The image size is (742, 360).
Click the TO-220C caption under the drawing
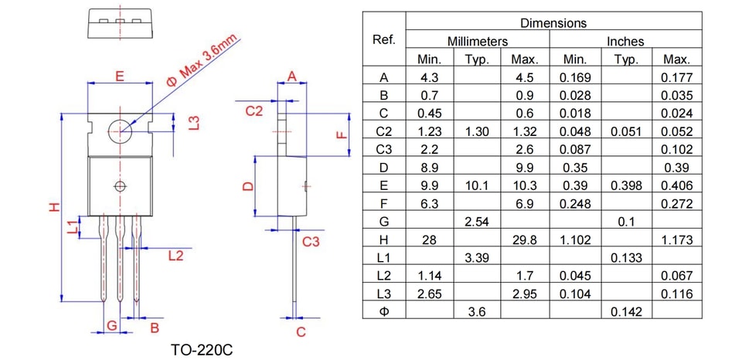[202, 351]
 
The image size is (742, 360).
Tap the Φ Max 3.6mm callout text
[203, 60]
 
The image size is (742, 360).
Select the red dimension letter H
[55, 207]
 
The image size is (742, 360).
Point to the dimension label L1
[73, 227]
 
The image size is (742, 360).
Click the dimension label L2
[175, 256]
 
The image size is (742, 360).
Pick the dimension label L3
[193, 123]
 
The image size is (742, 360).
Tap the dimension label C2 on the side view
[254, 111]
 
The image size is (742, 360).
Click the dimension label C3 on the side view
[311, 243]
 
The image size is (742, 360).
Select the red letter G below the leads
[111, 325]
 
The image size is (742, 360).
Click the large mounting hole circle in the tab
[121, 131]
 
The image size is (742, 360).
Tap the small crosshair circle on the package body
[121, 186]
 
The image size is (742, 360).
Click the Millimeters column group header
[478, 42]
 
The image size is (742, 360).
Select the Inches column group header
[625, 42]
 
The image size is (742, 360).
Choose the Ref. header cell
[384, 39]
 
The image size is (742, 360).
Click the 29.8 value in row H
[525, 240]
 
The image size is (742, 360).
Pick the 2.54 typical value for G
[477, 222]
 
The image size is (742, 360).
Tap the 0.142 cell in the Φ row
[627, 312]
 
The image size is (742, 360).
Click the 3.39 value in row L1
[477, 258]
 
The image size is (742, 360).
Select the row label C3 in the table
[384, 150]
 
